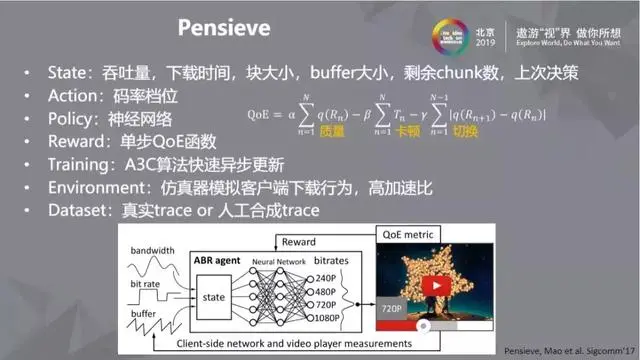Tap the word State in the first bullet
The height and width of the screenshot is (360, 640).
tap(69, 74)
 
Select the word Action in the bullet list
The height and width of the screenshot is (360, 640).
tap(74, 97)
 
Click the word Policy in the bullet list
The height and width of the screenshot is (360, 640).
tap(73, 119)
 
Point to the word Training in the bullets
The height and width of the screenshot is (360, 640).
tap(80, 164)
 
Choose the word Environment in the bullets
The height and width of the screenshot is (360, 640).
tap(96, 187)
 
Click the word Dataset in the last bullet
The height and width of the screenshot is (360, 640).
tap(78, 210)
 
